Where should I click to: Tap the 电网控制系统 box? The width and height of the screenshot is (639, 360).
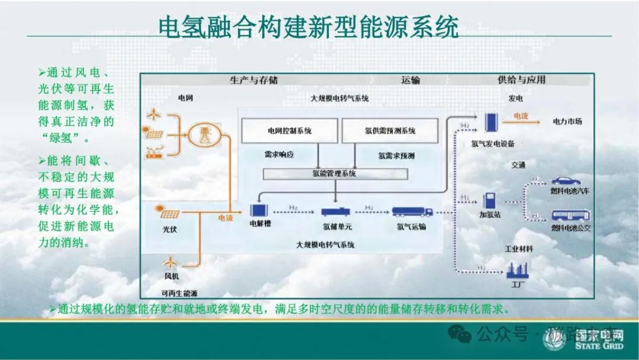click(289, 131)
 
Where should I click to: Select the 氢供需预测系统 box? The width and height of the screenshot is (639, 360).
click(390, 131)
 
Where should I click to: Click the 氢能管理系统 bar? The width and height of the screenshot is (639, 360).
click(335, 174)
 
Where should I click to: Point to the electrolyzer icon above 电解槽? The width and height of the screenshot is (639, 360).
click(260, 211)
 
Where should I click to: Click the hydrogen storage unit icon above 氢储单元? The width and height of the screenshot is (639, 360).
click(336, 211)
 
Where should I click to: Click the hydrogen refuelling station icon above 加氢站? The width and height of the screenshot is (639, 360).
click(490, 200)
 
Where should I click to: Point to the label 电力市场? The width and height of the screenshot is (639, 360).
click(567, 121)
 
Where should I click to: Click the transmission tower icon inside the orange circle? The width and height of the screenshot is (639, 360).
click(204, 131)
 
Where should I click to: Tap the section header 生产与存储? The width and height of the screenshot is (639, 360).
click(253, 80)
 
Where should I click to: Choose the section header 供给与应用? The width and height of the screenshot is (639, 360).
click(521, 80)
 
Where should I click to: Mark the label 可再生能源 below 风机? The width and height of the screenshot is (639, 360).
click(179, 292)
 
